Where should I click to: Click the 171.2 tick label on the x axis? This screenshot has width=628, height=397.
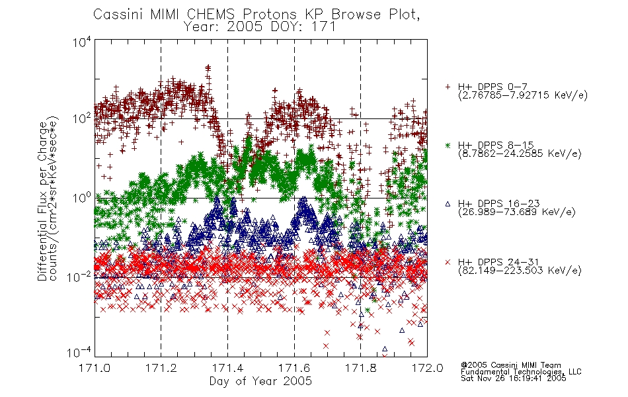coord(161,368)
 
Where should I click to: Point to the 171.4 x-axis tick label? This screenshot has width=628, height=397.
coord(227,368)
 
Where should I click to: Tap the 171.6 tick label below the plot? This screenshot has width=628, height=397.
coord(294,368)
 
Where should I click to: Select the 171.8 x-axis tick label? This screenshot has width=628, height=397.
coord(360,368)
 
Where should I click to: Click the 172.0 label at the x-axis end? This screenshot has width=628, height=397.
coord(427,368)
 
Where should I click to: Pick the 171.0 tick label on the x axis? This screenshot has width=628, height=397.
coord(95,368)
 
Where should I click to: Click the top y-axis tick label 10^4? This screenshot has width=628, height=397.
coord(82,42)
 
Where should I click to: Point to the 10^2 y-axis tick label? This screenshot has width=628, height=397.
coord(82,118)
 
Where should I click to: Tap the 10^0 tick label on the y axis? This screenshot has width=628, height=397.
coord(82,198)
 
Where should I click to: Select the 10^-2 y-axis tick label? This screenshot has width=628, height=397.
coord(79,277)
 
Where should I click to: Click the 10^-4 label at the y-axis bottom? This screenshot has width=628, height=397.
coord(79,353)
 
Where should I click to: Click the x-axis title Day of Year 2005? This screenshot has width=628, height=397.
coord(260,381)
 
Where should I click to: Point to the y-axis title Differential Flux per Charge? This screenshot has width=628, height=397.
coord(42,201)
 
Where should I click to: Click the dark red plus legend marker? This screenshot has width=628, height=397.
coord(448,87)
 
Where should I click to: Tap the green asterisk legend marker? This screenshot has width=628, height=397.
coord(448,145)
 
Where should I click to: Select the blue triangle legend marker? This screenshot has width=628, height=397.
coord(448,204)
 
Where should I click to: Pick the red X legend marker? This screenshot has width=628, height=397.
coord(448,262)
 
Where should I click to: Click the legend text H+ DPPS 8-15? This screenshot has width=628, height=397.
coord(496,145)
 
